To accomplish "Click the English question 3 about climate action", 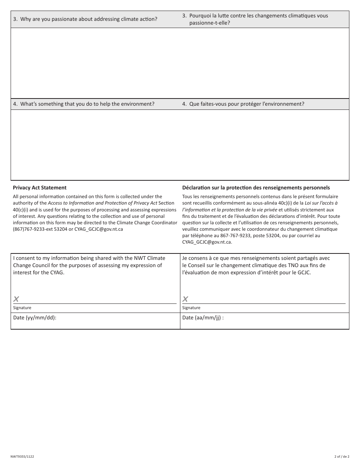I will click(x=85, y=19).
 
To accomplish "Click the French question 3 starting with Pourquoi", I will click(x=255, y=19).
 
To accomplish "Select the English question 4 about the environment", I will click(x=84, y=104).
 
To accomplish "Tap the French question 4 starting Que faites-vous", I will click(x=243, y=104).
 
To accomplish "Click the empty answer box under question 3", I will click(x=180, y=63).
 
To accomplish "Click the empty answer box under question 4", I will click(x=180, y=145).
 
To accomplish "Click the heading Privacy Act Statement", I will click(x=39, y=188).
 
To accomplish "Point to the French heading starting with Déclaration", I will click(x=256, y=188).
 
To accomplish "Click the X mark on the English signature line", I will click(x=16, y=299).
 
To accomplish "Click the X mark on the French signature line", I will click(x=185, y=299).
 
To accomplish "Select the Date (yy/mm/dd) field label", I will click(x=34, y=317).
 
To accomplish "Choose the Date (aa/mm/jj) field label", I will click(x=203, y=317).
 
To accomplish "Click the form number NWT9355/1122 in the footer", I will click(x=22, y=457).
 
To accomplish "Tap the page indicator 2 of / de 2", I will click(x=341, y=457).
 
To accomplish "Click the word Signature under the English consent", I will click(x=22, y=308).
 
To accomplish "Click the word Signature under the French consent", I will click(x=191, y=308).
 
